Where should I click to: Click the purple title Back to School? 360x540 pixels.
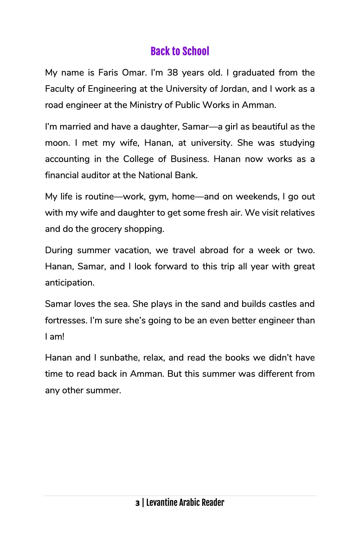click(180, 51)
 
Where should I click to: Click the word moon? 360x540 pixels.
click(56, 143)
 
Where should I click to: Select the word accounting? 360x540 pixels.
click(67, 159)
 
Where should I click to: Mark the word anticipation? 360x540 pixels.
click(70, 283)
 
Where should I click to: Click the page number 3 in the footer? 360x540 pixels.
click(137, 503)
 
